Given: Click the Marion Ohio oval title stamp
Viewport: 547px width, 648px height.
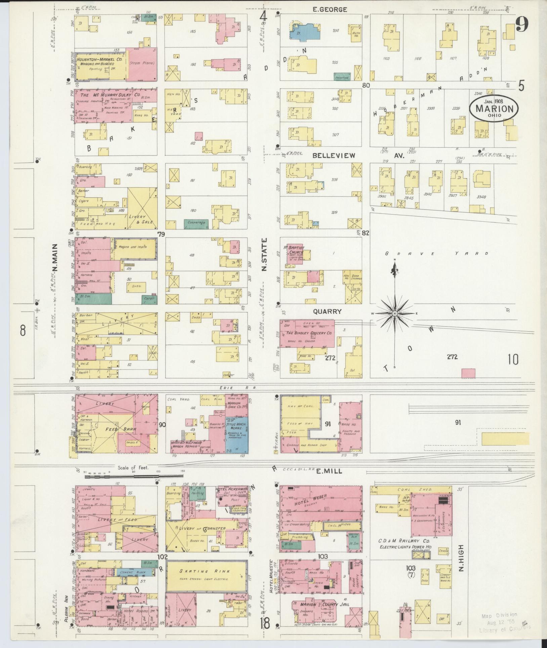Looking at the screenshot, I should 494,108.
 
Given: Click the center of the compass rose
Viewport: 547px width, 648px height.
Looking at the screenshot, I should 395,313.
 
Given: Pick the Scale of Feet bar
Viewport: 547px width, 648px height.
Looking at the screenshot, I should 134,477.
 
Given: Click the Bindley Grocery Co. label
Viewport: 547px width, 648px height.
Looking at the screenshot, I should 308,333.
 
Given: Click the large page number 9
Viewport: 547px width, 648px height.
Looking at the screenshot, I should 522,24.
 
